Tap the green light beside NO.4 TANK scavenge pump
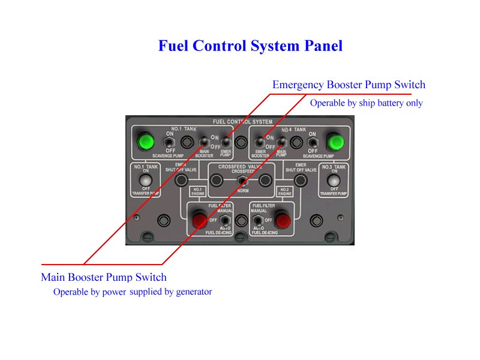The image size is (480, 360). point(335,142)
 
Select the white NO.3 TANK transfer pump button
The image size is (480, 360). point(334,180)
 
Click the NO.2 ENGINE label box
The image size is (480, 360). point(284,191)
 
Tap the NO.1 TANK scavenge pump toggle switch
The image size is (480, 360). point(169,142)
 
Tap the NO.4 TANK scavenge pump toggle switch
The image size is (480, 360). point(313,142)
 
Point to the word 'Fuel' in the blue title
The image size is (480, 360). point(173,46)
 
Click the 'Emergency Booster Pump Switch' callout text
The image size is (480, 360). point(349,85)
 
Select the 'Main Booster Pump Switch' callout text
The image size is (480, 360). point(104,277)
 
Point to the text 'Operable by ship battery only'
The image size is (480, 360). point(366,103)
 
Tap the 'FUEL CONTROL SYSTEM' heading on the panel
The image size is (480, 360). point(242,122)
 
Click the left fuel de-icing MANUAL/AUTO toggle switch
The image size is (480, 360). point(224,221)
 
